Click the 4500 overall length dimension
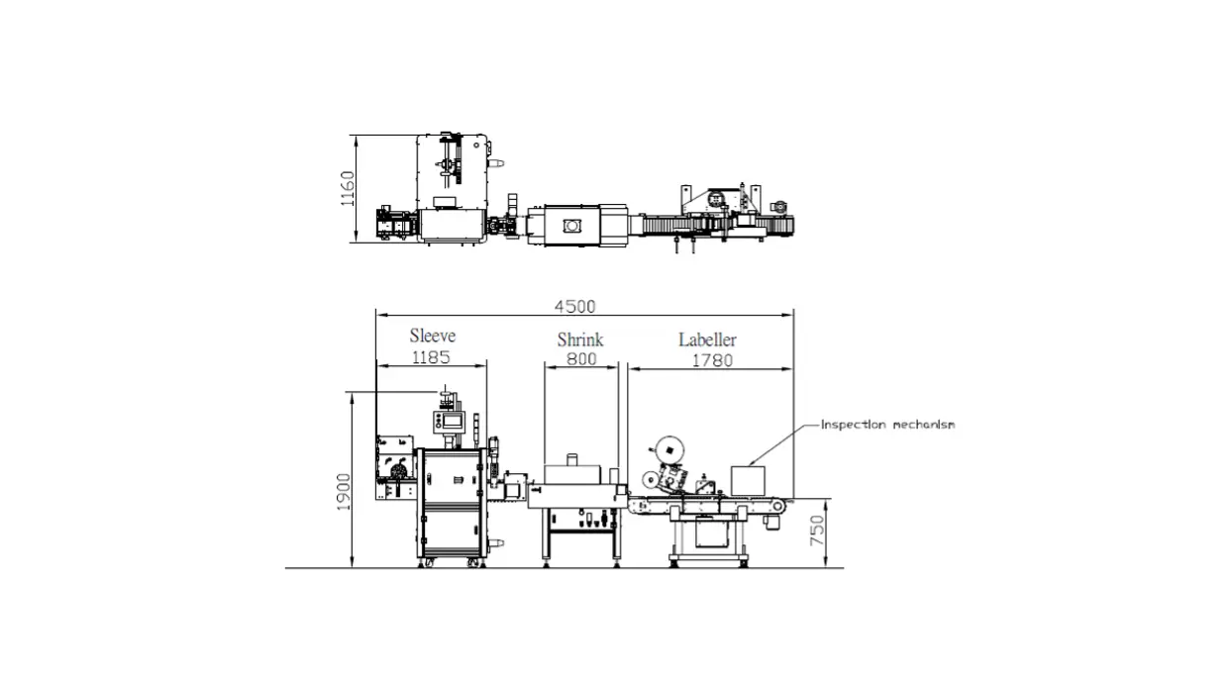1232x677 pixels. point(574,306)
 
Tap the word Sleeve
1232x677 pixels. point(433,336)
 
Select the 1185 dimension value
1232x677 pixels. point(431,357)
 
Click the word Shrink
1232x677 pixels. point(580,339)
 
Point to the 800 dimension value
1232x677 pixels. point(581,359)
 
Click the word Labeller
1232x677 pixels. point(707,339)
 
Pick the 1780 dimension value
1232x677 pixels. point(712,360)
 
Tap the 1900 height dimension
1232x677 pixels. point(344,492)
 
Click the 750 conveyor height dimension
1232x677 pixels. point(817,531)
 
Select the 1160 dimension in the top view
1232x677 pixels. point(348,188)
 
